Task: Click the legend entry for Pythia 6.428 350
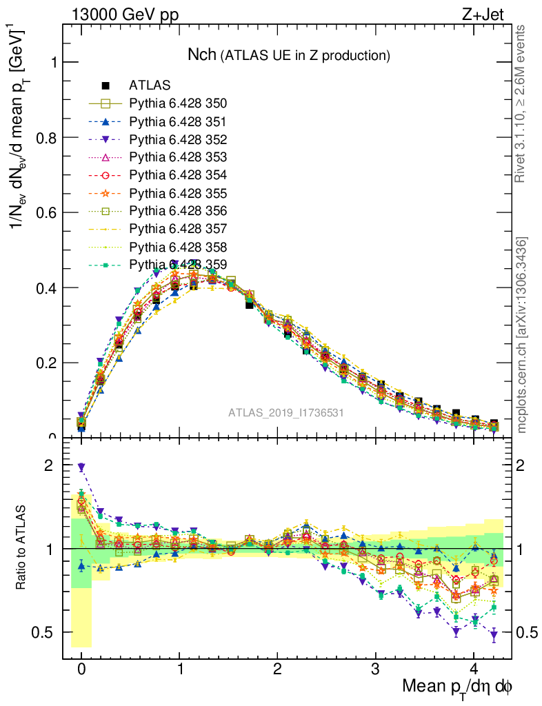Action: pos(178,104)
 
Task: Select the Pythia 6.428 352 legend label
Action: pos(178,139)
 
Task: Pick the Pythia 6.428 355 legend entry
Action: pos(178,193)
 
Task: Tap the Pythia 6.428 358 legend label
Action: pos(178,246)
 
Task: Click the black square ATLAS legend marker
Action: pos(106,86)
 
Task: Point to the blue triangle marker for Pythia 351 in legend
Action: pos(106,122)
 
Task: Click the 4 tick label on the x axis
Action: pos(474,669)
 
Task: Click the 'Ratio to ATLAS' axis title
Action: pos(22,547)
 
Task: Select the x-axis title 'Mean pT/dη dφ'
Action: pos(457,687)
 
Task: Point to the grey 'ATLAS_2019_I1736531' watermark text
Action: pos(286,413)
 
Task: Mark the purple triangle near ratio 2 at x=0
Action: pos(81,467)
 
